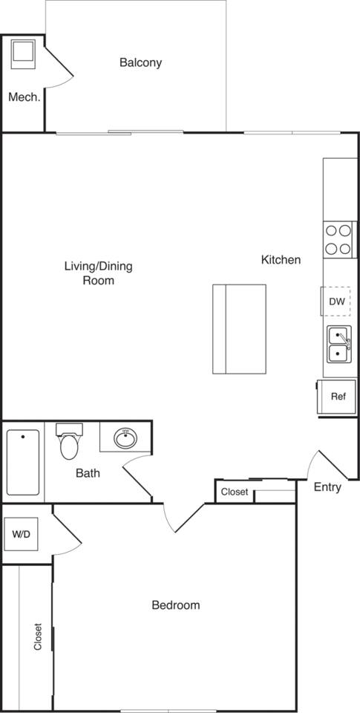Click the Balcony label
point(140,62)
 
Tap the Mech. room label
point(24,97)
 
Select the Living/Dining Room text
point(98,273)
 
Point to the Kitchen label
point(281,259)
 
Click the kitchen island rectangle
point(239,328)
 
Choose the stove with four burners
point(337,239)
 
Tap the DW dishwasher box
point(337,302)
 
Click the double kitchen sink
point(339,345)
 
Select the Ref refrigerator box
point(338,396)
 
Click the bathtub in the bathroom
point(22,462)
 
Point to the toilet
point(70,443)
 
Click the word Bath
point(88,472)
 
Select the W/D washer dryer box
point(19,534)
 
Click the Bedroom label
point(175,605)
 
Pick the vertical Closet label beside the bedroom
point(37,637)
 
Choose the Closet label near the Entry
point(235,492)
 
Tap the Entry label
point(327,487)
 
